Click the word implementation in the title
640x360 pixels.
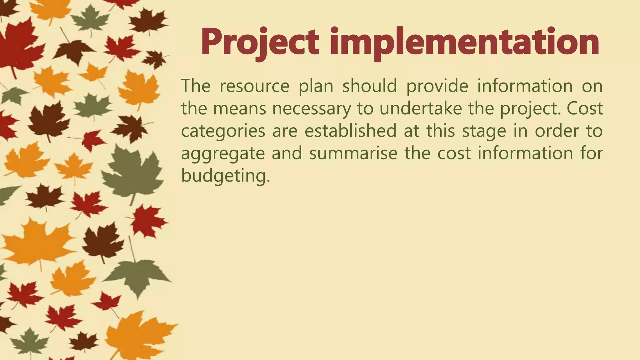(464, 42)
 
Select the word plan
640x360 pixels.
(316, 86)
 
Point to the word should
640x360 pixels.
(370, 86)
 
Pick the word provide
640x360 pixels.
(437, 86)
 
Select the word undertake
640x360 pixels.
(421, 108)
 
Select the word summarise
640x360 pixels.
(353, 153)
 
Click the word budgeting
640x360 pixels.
(225, 176)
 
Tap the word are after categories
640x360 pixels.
(285, 131)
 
